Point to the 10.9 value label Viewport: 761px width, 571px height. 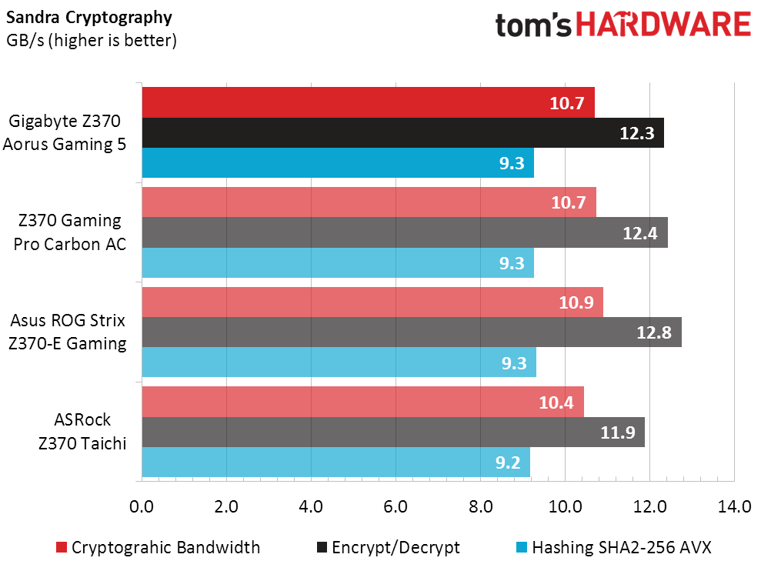[x=577, y=302]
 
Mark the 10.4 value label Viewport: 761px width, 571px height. [x=557, y=402]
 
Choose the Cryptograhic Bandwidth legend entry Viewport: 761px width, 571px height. [x=158, y=548]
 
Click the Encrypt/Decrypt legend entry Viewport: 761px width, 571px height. [x=388, y=548]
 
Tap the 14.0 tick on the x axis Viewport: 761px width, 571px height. [x=734, y=507]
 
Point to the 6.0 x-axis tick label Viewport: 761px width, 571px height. [x=396, y=507]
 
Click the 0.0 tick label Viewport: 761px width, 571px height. [x=142, y=507]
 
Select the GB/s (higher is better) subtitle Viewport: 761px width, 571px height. [x=92, y=41]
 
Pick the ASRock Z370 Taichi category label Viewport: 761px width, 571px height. [x=82, y=431]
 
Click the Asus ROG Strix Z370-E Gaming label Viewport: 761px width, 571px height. [x=68, y=332]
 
